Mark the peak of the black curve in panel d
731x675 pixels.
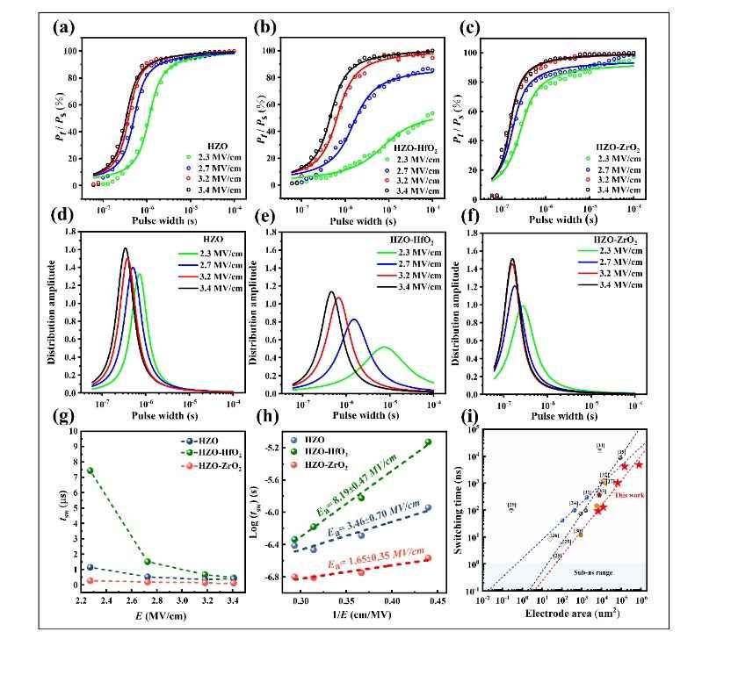click(125, 249)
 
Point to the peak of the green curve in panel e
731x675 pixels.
click(384, 348)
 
